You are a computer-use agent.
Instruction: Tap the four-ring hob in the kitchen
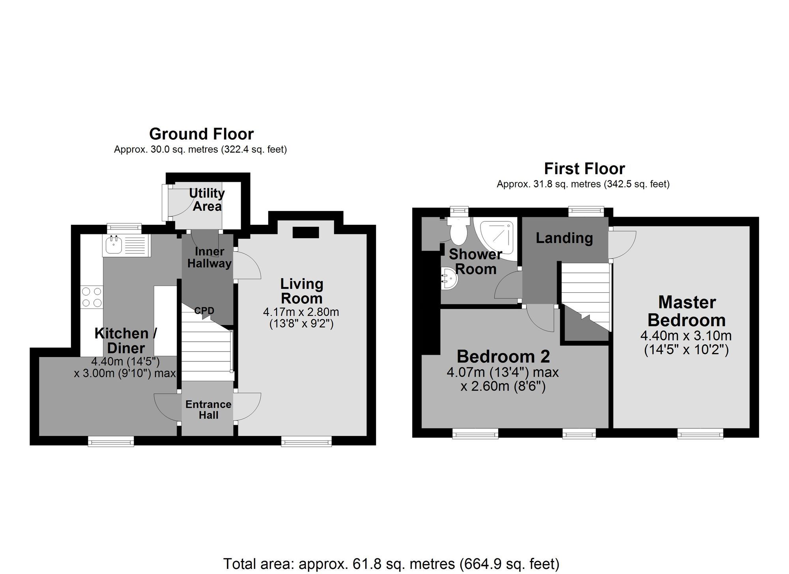pos(92,297)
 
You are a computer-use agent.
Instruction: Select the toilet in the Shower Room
pos(458,231)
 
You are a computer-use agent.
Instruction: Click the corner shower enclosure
pos(497,238)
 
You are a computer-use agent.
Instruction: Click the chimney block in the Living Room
pos(306,232)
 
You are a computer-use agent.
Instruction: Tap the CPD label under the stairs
pos(204,311)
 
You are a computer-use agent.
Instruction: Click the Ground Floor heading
pos(201,134)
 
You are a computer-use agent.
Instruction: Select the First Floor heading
pos(584,169)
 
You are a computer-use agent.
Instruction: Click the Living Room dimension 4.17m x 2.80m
pos(301,312)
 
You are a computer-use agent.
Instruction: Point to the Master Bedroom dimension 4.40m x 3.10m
pos(686,336)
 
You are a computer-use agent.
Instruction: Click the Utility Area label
pos(207,200)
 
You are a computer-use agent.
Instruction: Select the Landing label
pos(564,238)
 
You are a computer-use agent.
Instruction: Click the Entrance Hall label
pos(208,409)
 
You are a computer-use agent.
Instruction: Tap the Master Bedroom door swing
pos(622,244)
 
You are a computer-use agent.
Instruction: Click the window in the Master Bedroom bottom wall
pos(700,434)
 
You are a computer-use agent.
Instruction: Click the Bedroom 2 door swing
pos(541,319)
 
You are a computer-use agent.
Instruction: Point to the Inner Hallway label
pos(209,258)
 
